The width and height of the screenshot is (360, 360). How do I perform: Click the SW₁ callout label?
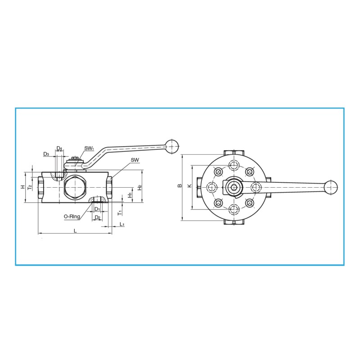(x=89, y=148)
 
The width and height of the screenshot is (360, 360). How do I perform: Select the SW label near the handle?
(x=135, y=160)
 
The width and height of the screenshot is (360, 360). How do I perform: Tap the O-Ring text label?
(x=72, y=216)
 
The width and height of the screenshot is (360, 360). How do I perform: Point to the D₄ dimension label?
(x=59, y=148)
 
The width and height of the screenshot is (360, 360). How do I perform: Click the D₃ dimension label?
(x=46, y=154)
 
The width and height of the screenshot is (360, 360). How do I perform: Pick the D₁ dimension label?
(x=97, y=209)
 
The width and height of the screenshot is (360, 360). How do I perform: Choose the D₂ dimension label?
(x=97, y=217)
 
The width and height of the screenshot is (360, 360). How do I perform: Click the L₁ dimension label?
(x=122, y=224)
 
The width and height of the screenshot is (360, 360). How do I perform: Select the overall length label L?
(x=75, y=230)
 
